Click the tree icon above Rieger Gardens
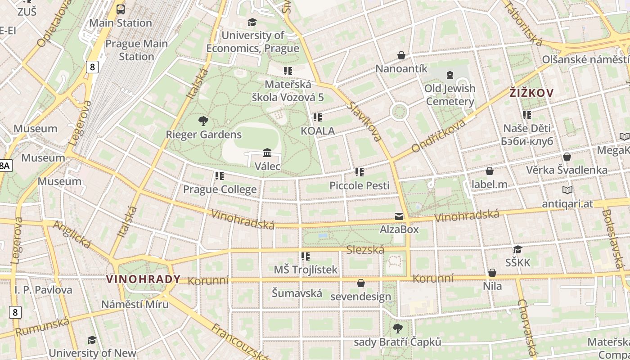coord(203,121)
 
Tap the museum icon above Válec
coord(267,153)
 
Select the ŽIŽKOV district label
coord(531,93)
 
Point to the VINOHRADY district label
coord(143,279)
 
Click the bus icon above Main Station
coord(121,9)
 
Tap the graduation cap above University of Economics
coord(252,22)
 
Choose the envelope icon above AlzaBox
coord(399,216)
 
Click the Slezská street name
coord(365,250)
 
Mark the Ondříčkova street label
coord(438,135)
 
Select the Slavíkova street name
coord(365,121)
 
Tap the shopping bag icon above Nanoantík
coord(401,55)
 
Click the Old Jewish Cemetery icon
coord(450,75)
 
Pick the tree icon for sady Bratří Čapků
coord(397,328)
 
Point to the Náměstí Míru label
coord(135,304)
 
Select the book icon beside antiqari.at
coord(567,190)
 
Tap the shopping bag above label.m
coord(489,171)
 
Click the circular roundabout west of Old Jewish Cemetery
coord(399,112)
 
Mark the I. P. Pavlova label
coord(43,290)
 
